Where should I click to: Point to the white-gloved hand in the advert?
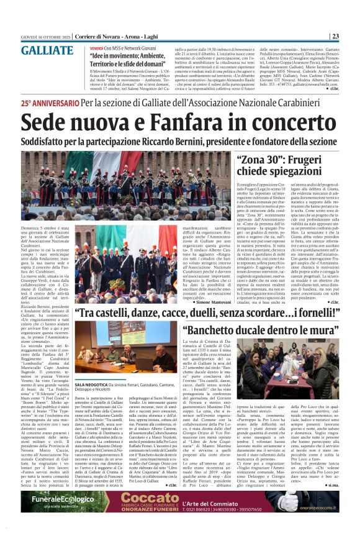(x=291, y=503)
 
